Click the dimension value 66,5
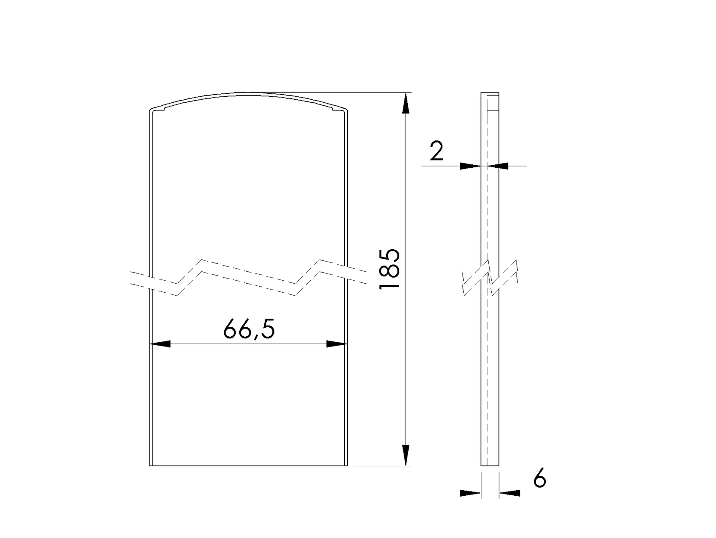click(x=249, y=329)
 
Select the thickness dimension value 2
click(x=436, y=151)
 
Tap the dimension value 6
click(x=540, y=479)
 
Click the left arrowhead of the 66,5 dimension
click(x=161, y=344)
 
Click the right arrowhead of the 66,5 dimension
click(x=336, y=344)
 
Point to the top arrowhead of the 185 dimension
click(x=405, y=104)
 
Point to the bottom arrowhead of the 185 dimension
click(x=405, y=455)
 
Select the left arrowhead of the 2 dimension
click(x=471, y=166)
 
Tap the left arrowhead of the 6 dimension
click(x=471, y=493)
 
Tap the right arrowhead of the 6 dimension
click(x=510, y=493)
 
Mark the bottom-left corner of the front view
click(x=150, y=465)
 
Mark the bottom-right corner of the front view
click(x=347, y=465)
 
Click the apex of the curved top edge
click(x=248, y=93)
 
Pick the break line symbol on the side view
click(x=490, y=277)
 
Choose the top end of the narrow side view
click(x=490, y=93)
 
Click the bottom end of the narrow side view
click(x=490, y=465)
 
